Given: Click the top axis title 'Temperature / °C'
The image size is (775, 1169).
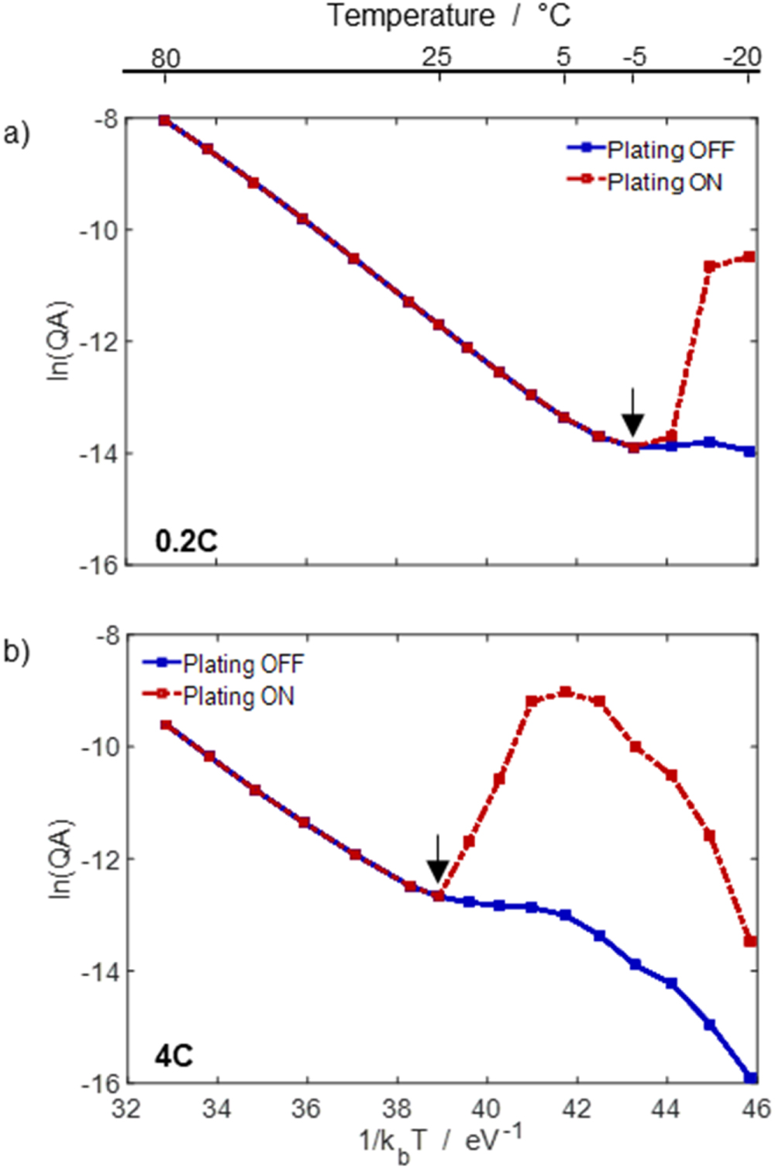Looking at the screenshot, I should pos(448,16).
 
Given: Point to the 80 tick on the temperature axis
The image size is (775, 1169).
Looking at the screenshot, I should pos(165,57).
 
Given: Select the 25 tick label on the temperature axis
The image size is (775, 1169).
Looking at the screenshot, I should pos(437,57).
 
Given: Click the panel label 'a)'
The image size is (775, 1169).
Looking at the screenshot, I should pos(16,133).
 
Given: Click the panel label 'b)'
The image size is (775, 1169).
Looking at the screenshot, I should pos(16,651).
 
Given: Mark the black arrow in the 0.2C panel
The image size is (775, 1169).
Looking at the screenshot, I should pos(633,412).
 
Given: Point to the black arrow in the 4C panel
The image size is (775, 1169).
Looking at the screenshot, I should pos(438,859).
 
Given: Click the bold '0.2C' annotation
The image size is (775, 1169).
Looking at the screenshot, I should pos(186,540).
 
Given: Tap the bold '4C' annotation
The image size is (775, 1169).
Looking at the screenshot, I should pos(174,1056).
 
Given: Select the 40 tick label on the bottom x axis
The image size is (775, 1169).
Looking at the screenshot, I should pos(486,1109).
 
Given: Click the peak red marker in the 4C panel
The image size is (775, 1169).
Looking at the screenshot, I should pos(566,691).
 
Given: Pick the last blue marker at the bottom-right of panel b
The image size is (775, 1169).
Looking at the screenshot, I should pos(750,1078).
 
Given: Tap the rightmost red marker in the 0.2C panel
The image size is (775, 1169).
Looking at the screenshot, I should pos(749,257).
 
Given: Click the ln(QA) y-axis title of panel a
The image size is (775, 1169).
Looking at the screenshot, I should pos(60,340).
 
